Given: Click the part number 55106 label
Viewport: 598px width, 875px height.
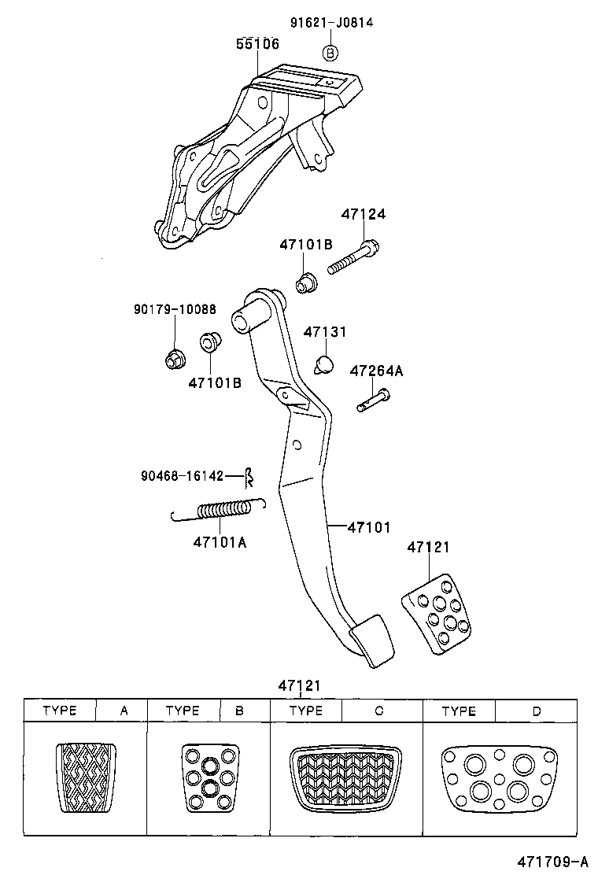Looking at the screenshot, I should point(257,45).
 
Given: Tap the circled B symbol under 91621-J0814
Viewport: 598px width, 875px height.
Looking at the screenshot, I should point(331,53).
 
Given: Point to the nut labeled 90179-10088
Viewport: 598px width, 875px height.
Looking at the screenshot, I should point(174,360).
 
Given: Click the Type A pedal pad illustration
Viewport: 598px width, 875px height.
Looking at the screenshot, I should point(86,776).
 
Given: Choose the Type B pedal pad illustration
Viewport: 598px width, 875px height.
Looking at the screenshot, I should point(209,777).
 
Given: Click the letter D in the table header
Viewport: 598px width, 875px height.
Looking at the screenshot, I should point(536,711).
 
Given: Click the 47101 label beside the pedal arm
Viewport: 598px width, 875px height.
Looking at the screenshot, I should point(369,527).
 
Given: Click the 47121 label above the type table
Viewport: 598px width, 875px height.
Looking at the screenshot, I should point(299,685).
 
